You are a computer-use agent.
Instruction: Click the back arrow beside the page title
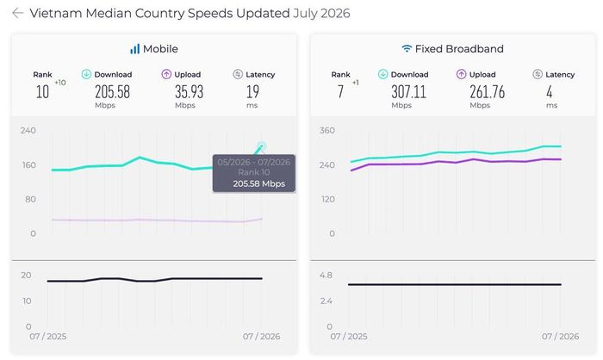(x=18, y=13)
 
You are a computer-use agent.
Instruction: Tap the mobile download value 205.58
(x=112, y=92)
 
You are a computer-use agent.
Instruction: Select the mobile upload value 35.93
(x=189, y=92)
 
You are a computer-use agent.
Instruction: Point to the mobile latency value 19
(x=252, y=92)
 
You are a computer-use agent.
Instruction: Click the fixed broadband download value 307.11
(x=409, y=92)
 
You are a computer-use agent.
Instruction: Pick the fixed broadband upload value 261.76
(x=487, y=92)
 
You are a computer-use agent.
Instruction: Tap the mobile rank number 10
(x=42, y=92)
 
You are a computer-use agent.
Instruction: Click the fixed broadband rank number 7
(x=340, y=92)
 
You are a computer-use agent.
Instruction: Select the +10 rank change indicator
(x=60, y=83)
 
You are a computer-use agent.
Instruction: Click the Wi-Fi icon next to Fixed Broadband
(x=407, y=49)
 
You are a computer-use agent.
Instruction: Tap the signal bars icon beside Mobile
(x=134, y=49)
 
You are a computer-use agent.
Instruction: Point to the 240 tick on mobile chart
(x=28, y=130)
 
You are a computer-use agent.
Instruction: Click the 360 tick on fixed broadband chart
(x=326, y=130)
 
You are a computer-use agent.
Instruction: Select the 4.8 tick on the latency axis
(x=326, y=276)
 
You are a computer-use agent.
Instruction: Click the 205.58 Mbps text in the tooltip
(x=258, y=183)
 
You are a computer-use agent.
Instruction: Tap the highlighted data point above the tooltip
(x=262, y=146)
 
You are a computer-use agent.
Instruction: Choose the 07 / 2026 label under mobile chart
(x=261, y=337)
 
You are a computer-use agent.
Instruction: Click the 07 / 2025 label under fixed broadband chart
(x=349, y=337)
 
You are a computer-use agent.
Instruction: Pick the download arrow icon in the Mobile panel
(x=86, y=74)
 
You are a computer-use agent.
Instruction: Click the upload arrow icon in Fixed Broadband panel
(x=461, y=74)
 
